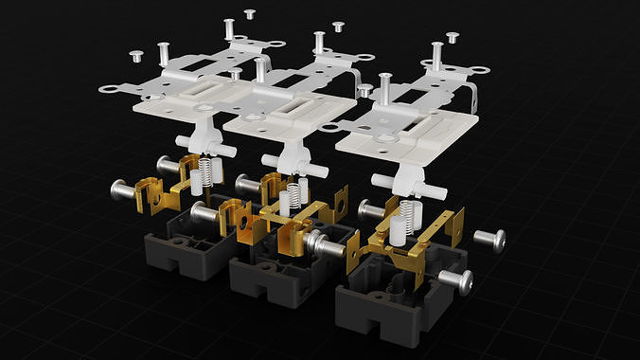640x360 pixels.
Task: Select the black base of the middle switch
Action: (x=275, y=275)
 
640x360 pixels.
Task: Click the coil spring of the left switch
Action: (x=201, y=171)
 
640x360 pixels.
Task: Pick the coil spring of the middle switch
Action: (x=292, y=195)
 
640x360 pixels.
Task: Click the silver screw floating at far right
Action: (x=490, y=240)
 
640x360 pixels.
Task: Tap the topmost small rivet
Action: (x=250, y=14)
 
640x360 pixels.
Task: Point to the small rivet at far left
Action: (x=135, y=55)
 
